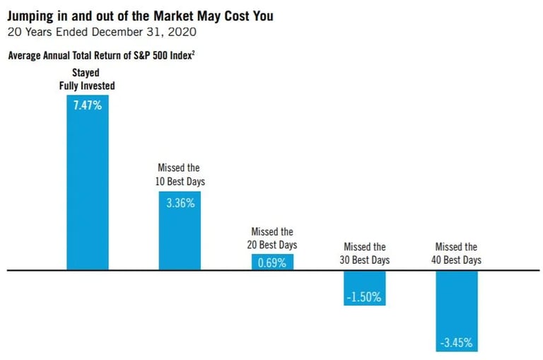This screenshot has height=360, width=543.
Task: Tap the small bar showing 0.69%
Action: click(x=272, y=262)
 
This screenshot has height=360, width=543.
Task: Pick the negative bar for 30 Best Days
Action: click(x=365, y=287)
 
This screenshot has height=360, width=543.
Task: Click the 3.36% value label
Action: click(x=180, y=202)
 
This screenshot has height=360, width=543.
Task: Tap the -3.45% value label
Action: click(x=457, y=342)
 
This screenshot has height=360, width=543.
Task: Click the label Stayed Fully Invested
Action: click(x=88, y=79)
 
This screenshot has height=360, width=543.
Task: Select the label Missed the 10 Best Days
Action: click(x=179, y=174)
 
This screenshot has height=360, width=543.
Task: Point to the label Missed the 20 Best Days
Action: click(x=272, y=238)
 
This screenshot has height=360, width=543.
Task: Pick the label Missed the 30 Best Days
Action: click(x=365, y=253)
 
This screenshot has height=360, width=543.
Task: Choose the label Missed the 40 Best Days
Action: click(x=457, y=253)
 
